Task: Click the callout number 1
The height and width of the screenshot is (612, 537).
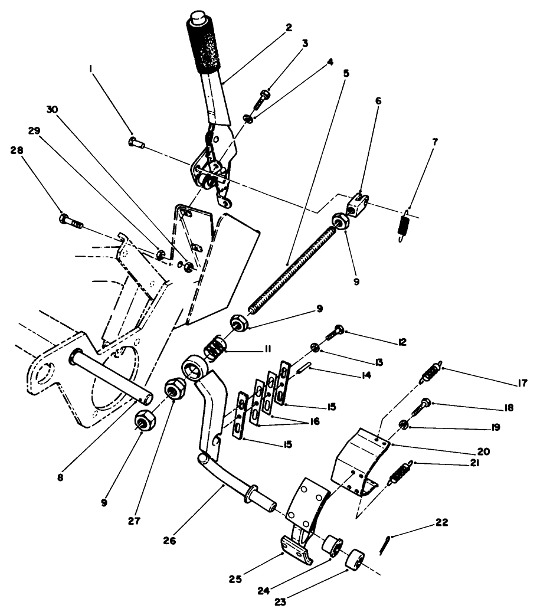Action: pos(91,69)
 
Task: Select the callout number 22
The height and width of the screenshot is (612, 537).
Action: pos(442,522)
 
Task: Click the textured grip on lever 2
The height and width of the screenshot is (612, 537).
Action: pos(204,44)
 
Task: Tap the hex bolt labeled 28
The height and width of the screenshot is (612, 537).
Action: pos(70,221)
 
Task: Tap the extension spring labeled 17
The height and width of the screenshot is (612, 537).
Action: pos(431,373)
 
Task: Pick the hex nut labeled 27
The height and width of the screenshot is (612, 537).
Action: pos(173,390)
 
